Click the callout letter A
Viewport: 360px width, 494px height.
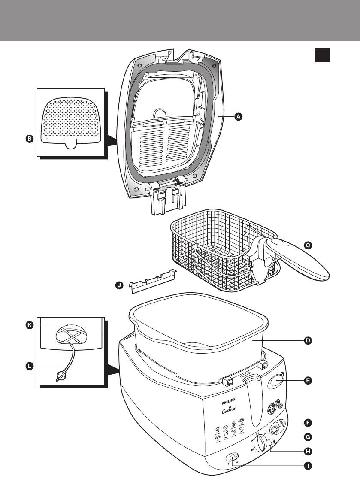point(239,116)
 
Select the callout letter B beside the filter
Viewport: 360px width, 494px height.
point(29,139)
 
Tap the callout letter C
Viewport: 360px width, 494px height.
point(308,245)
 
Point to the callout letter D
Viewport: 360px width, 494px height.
point(308,341)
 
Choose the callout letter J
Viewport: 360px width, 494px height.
point(119,285)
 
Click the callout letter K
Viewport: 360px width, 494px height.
point(29,325)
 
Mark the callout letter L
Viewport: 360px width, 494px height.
point(29,366)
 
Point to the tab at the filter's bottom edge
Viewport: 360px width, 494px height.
point(71,143)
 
